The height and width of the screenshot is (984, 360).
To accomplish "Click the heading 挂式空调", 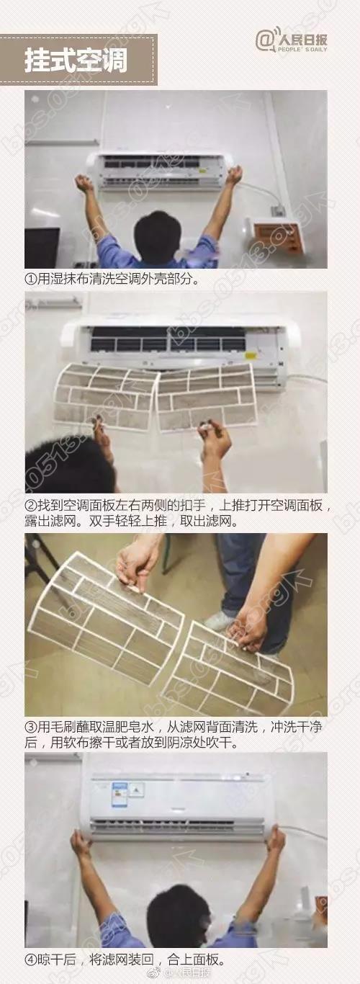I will click(76, 61).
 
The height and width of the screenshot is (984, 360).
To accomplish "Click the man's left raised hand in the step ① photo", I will click(84, 184).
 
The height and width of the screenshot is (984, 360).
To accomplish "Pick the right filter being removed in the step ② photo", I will click(207, 398).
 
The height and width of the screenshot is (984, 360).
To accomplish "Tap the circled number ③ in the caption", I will click(30, 728).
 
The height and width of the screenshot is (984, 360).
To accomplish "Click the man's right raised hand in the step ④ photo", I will click(275, 840).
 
